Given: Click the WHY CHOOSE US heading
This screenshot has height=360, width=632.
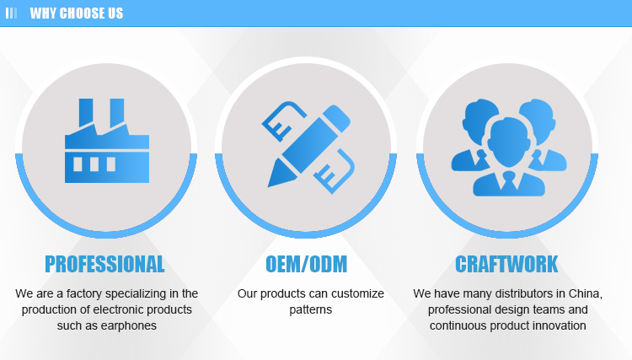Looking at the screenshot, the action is click(77, 13).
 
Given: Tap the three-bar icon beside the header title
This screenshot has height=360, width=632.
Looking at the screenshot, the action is click(11, 13).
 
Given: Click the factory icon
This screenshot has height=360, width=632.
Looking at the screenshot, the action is click(107, 141).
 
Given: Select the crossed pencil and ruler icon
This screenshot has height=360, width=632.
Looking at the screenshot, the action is click(308, 148).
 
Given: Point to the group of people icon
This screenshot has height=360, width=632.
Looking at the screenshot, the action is click(509, 148).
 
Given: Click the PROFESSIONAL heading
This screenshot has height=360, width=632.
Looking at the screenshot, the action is click(104, 265).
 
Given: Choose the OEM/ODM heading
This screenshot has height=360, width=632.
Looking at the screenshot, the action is click(307, 265).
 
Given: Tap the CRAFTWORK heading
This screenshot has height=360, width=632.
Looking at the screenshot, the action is click(506, 265).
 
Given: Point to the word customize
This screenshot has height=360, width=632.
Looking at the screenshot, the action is click(357, 293).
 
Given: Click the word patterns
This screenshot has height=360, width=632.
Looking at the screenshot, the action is click(311, 309).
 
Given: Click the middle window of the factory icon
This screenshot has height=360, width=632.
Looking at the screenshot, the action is click(94, 164).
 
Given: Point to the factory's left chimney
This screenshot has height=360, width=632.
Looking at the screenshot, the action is click(86, 112).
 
